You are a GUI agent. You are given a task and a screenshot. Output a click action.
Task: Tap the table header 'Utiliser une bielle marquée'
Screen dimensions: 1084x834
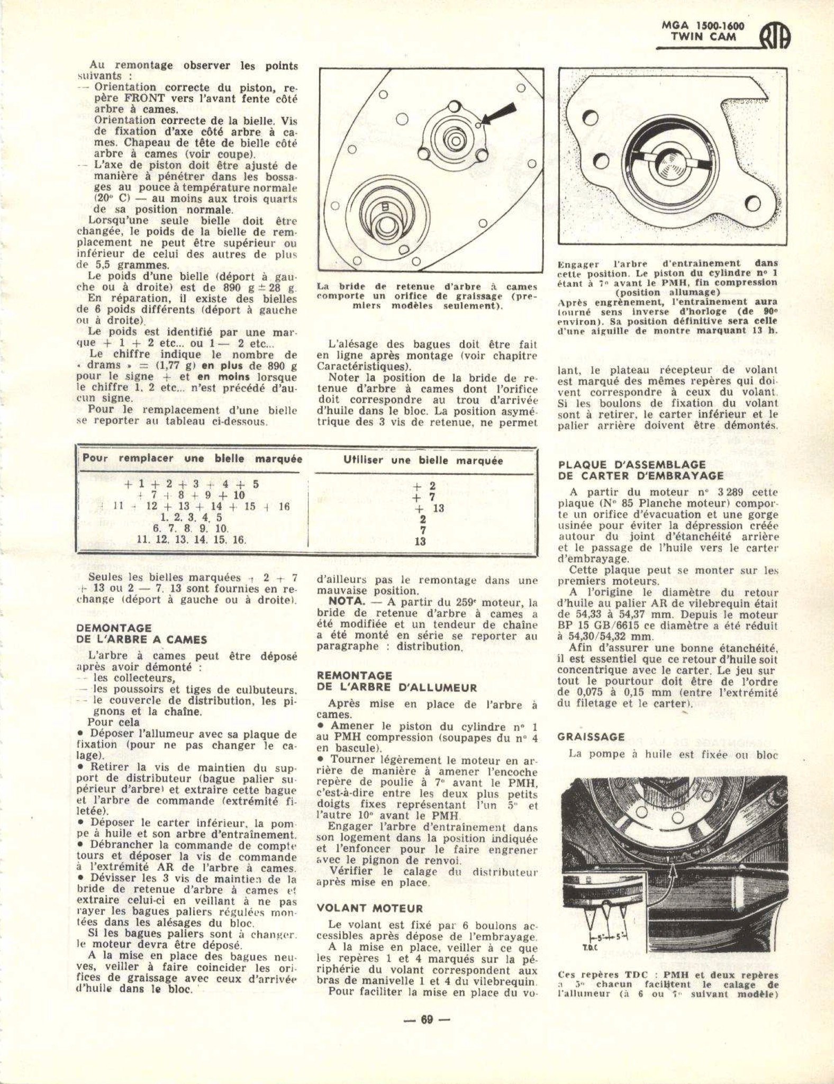(423, 460)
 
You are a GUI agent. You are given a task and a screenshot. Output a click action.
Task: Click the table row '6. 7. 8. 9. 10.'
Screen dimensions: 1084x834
(190, 529)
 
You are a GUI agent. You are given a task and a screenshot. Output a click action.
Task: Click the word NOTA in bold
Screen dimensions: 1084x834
(345, 602)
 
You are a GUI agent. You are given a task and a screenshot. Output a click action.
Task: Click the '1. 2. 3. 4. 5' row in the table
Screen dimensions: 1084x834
(191, 518)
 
